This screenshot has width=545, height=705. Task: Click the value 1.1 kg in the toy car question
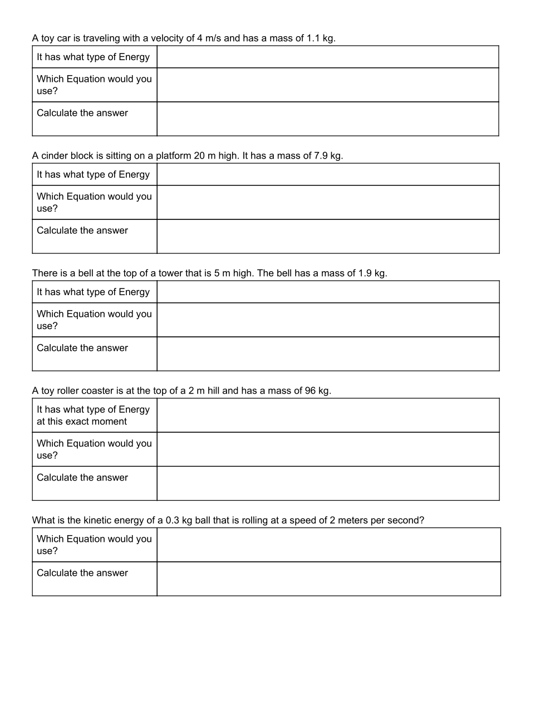[x=321, y=38]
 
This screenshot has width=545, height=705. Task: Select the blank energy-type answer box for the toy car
[x=327, y=57]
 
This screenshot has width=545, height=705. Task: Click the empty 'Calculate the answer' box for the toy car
[x=327, y=119]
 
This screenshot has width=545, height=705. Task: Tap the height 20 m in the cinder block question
[x=204, y=156]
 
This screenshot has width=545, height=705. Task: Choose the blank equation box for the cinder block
[x=327, y=202]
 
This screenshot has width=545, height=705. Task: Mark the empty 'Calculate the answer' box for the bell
[x=327, y=354]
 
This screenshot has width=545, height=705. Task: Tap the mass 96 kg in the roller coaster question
[x=317, y=391]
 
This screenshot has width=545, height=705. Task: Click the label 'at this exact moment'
[x=82, y=422]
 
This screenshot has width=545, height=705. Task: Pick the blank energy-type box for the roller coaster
[x=327, y=415]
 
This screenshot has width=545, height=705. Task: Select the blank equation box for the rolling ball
[x=328, y=545]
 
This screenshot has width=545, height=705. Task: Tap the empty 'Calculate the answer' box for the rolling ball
[x=328, y=579]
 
